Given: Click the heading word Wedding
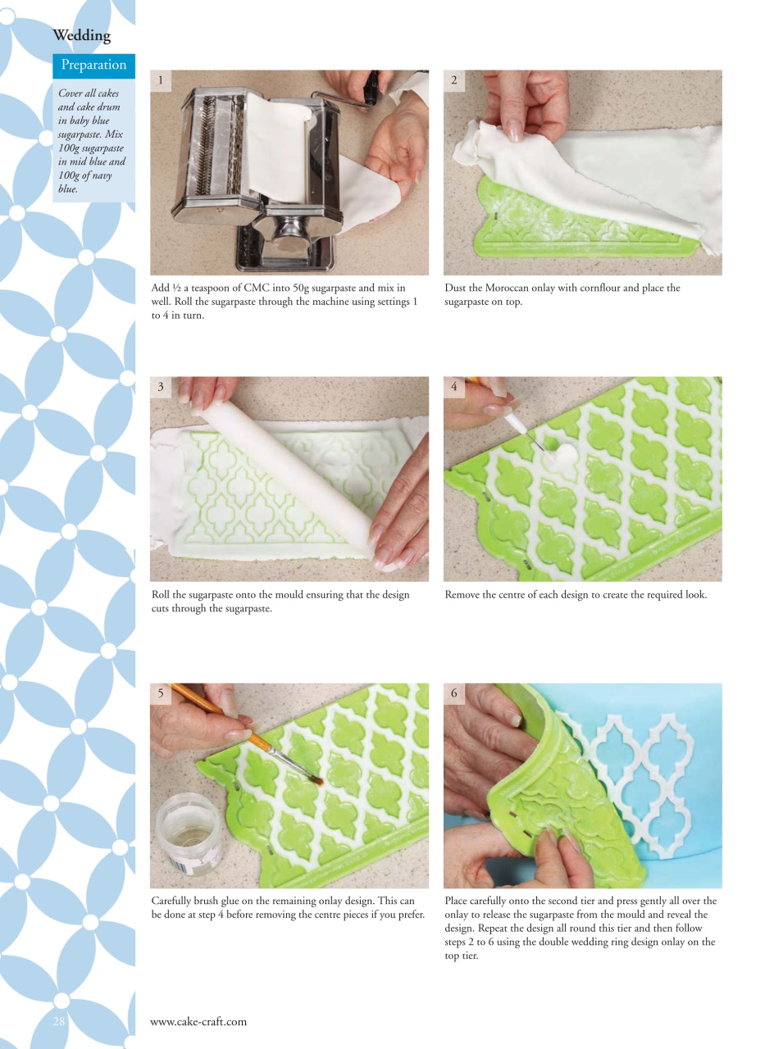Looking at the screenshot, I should point(81,35).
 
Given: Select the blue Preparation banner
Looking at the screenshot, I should point(94,66).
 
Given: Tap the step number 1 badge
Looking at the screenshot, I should point(161,79).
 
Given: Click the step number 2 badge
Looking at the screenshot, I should point(454,79).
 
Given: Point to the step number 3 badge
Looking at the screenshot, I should point(161,387).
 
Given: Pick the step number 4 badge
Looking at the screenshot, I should point(454,387).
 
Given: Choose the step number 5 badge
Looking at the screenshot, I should point(161,693).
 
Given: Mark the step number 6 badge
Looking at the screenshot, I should point(454,693).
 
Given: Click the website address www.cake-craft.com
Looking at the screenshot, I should point(198,1021).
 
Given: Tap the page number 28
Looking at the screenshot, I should point(61,1021).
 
